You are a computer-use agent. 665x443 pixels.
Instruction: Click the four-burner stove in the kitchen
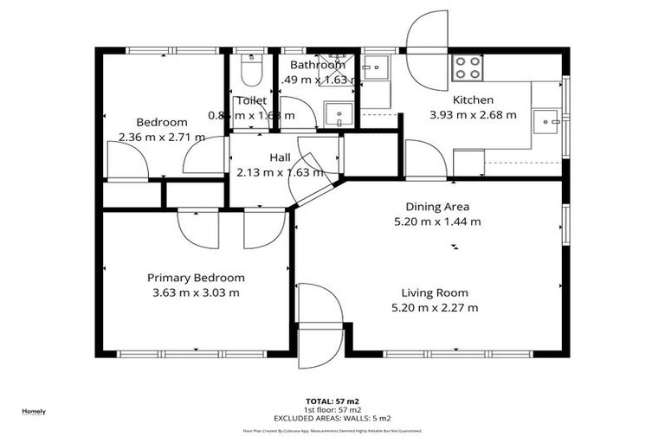(468, 67)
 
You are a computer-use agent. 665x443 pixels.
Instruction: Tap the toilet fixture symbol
(251, 71)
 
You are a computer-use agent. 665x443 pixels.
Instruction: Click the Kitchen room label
(472, 100)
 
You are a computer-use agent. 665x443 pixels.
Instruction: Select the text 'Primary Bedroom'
(196, 278)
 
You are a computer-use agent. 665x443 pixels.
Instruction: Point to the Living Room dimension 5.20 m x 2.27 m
(435, 307)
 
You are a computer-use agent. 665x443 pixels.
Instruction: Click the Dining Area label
(437, 207)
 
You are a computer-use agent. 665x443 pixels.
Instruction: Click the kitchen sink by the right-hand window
(547, 122)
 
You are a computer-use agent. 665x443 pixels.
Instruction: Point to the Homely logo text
(34, 411)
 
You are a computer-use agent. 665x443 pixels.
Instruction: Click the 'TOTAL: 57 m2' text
(332, 401)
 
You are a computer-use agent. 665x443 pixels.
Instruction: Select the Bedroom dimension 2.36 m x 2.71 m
(162, 137)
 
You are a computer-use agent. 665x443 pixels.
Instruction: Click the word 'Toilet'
(251, 100)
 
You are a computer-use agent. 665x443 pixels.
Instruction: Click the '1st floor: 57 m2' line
(332, 409)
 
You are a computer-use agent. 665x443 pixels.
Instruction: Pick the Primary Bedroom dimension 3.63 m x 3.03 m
(196, 292)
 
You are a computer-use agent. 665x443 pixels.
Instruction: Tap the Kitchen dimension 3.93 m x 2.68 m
(472, 114)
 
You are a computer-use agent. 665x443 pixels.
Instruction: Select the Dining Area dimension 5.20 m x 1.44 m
(437, 221)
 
